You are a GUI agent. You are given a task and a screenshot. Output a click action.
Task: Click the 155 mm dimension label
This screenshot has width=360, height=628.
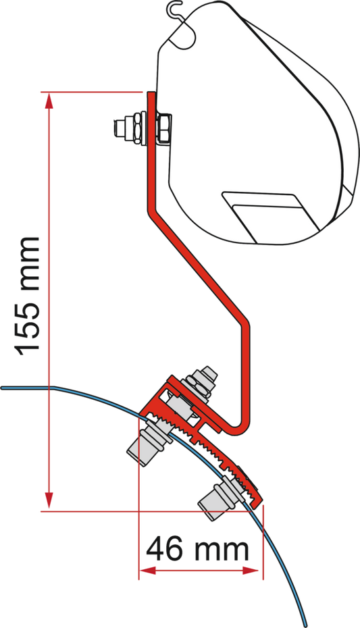click(27, 296)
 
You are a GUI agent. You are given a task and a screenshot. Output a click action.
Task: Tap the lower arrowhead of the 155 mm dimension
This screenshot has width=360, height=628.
click(49, 500)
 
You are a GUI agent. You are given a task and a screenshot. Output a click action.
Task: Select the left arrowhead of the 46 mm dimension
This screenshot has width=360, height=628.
click(147, 571)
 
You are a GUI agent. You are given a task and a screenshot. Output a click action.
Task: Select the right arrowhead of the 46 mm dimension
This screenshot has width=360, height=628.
click(251, 571)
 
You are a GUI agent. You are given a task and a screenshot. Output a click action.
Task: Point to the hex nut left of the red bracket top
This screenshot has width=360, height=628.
click(136, 128)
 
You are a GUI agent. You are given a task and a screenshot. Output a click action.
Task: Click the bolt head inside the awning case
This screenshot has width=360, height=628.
click(164, 128)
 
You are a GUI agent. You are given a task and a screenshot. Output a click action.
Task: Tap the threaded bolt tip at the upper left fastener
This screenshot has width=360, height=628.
click(120, 128)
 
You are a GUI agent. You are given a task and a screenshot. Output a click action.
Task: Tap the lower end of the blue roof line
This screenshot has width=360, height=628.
click(305, 625)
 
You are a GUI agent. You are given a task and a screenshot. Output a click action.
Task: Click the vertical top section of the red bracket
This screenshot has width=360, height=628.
click(151, 152)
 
